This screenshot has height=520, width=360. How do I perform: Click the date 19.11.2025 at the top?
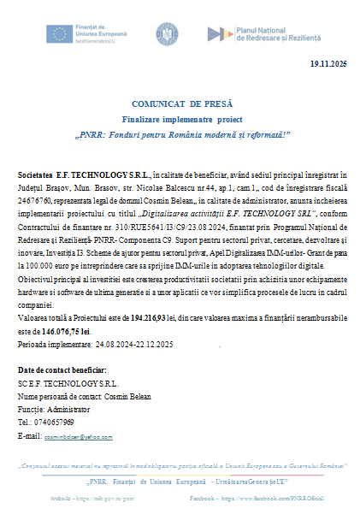[x=328, y=64]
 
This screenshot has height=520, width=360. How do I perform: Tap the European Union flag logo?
[x=61, y=34]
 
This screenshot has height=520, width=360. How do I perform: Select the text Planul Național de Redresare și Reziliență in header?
[x=281, y=35]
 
